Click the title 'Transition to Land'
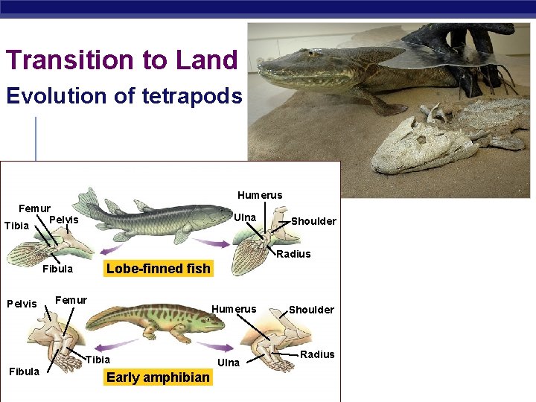(x=121, y=60)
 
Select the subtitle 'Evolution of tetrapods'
(x=124, y=96)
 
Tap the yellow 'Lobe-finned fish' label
(x=159, y=269)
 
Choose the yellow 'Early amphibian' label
(x=158, y=377)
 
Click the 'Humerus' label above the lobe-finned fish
(x=260, y=195)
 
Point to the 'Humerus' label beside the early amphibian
(x=234, y=309)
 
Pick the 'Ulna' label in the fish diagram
(x=245, y=217)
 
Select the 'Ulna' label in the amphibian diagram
(x=228, y=363)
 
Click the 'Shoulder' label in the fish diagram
(x=313, y=221)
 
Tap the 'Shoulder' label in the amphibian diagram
(x=311, y=310)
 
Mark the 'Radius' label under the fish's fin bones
(x=293, y=254)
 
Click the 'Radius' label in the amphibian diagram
(x=317, y=354)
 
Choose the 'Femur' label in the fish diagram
(x=34, y=208)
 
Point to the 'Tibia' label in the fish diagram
(x=16, y=226)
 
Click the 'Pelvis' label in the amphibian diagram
(x=22, y=304)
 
